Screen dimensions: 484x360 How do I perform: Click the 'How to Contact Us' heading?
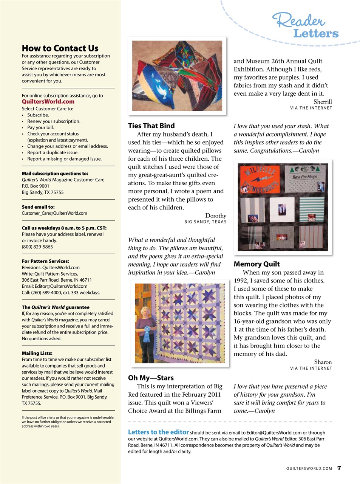[x=60, y=48]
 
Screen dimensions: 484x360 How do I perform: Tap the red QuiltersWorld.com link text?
[x=48, y=102]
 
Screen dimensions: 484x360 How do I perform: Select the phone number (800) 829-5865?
[x=37, y=247]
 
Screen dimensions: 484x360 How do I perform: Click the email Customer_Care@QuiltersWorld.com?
[x=54, y=213]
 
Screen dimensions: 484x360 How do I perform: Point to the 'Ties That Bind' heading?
[x=151, y=126]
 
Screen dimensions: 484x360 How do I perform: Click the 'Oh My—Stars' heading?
[x=151, y=378]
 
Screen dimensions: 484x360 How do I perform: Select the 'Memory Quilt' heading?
[x=256, y=264]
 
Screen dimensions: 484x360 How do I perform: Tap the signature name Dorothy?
[x=215, y=216]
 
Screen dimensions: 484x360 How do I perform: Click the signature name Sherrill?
[x=323, y=102]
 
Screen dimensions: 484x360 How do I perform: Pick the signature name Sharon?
[x=323, y=362]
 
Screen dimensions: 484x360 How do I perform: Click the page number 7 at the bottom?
[x=339, y=468]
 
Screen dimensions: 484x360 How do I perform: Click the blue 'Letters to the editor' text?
[x=158, y=432]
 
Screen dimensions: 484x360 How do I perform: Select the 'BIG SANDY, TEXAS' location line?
[x=205, y=222]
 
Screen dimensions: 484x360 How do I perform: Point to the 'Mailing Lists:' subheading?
[x=37, y=353]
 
